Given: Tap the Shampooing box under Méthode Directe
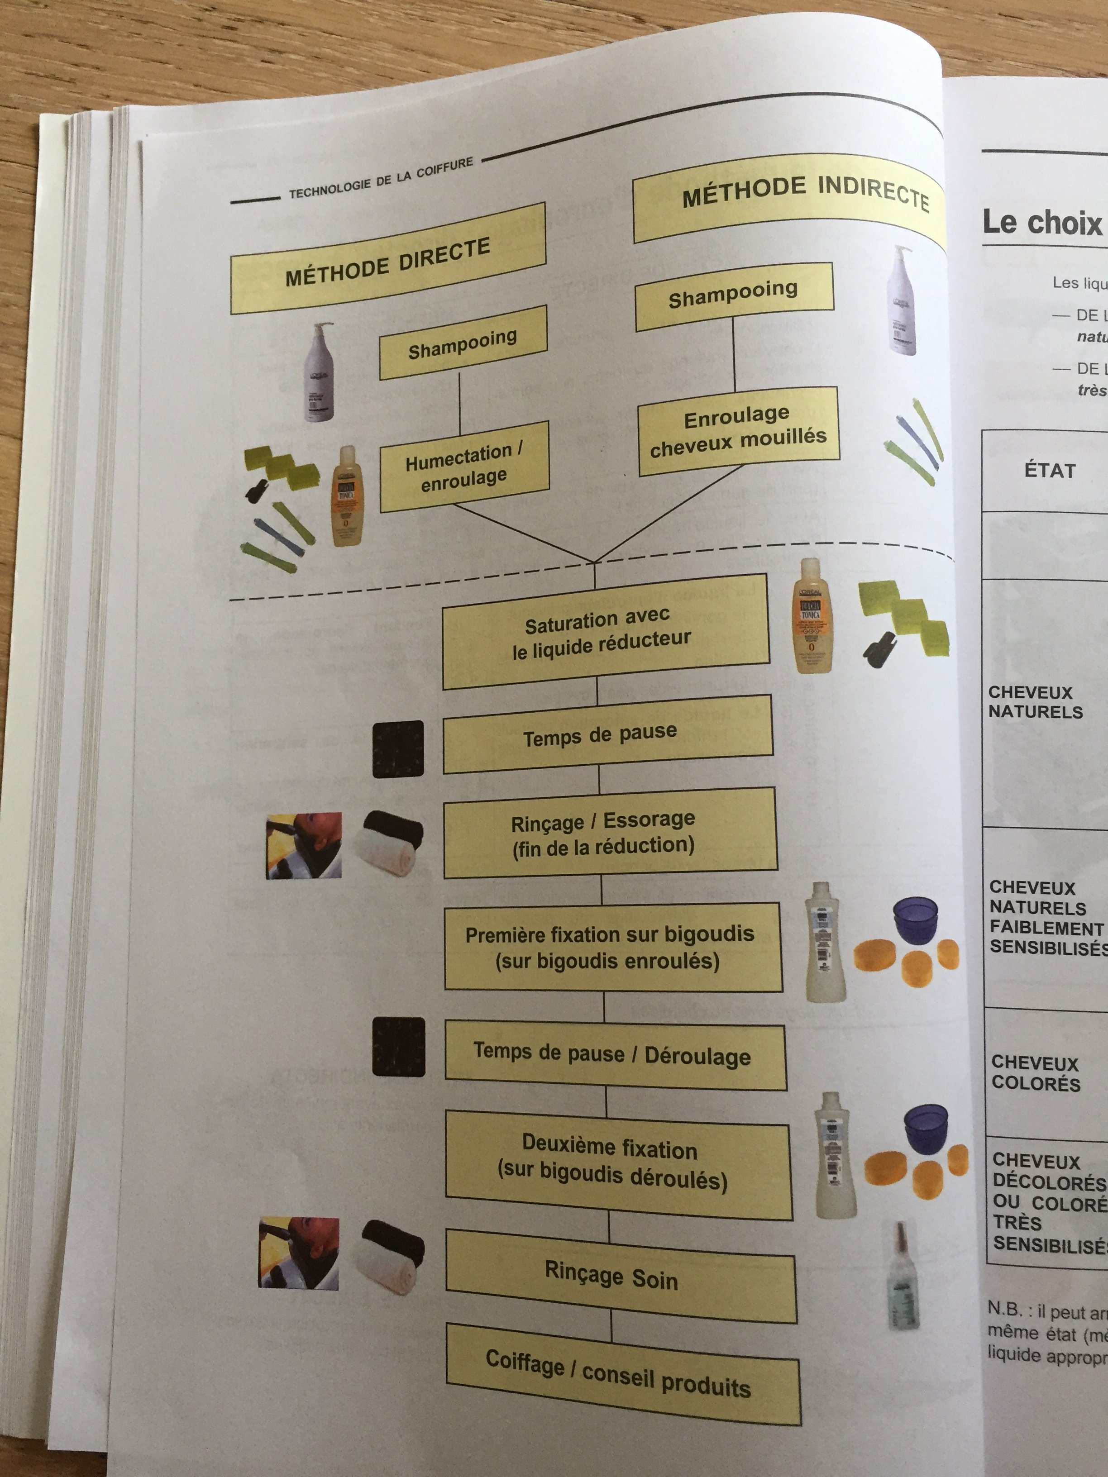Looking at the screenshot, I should coord(463,343).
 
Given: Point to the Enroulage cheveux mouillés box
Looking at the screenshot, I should coord(738,431).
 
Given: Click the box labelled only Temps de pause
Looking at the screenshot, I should coord(607,734).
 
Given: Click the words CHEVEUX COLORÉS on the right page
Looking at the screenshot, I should coord(1035,1072).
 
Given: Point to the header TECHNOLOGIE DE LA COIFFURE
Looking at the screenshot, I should coord(381,179).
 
